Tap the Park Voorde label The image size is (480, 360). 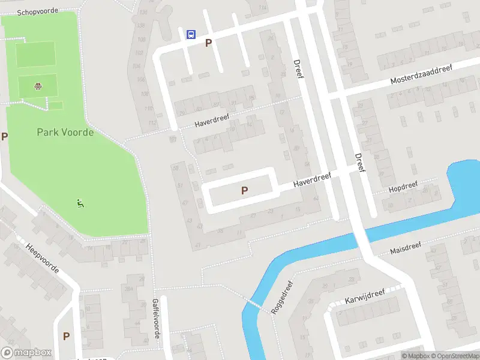[x=65, y=132]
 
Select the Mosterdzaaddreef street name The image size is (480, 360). [x=421, y=75]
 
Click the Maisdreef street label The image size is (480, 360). [x=406, y=248]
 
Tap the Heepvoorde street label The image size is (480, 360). [x=42, y=258]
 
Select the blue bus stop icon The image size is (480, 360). [x=191, y=34]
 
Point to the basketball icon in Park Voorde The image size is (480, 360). [x=38, y=86]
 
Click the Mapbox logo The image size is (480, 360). [x=26, y=353]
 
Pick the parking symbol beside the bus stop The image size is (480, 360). [x=209, y=43]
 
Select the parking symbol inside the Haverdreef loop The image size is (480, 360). [x=244, y=190]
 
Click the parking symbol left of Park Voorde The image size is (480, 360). [x=4, y=136]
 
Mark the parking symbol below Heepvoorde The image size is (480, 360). [x=66, y=336]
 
